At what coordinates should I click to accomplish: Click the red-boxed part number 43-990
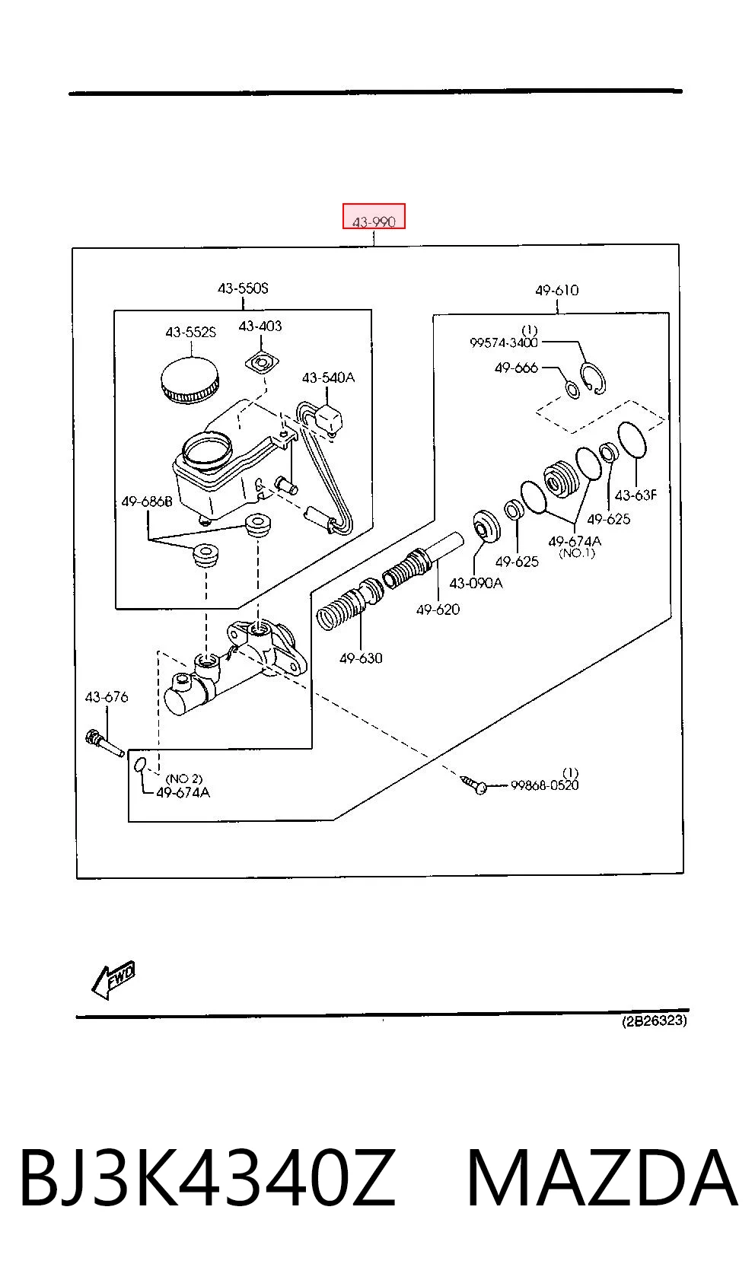tap(374, 221)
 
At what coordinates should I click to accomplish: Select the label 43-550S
tap(243, 288)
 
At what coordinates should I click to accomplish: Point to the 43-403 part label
tap(260, 326)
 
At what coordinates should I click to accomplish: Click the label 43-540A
tap(328, 377)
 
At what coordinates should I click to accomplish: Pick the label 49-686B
tap(147, 501)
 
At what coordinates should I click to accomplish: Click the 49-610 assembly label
tap(556, 290)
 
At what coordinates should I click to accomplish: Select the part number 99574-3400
tap(504, 342)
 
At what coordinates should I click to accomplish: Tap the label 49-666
tap(516, 368)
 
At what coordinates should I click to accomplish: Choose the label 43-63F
tap(636, 495)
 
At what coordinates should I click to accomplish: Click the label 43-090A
tap(476, 583)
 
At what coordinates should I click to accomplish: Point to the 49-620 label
tap(438, 610)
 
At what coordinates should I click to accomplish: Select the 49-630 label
tap(361, 658)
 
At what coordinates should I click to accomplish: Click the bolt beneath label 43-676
tap(104, 743)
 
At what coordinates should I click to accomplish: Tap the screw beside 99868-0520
tap(473, 784)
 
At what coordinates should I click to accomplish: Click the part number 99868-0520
tap(545, 785)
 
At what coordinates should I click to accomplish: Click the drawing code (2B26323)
tap(655, 1020)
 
